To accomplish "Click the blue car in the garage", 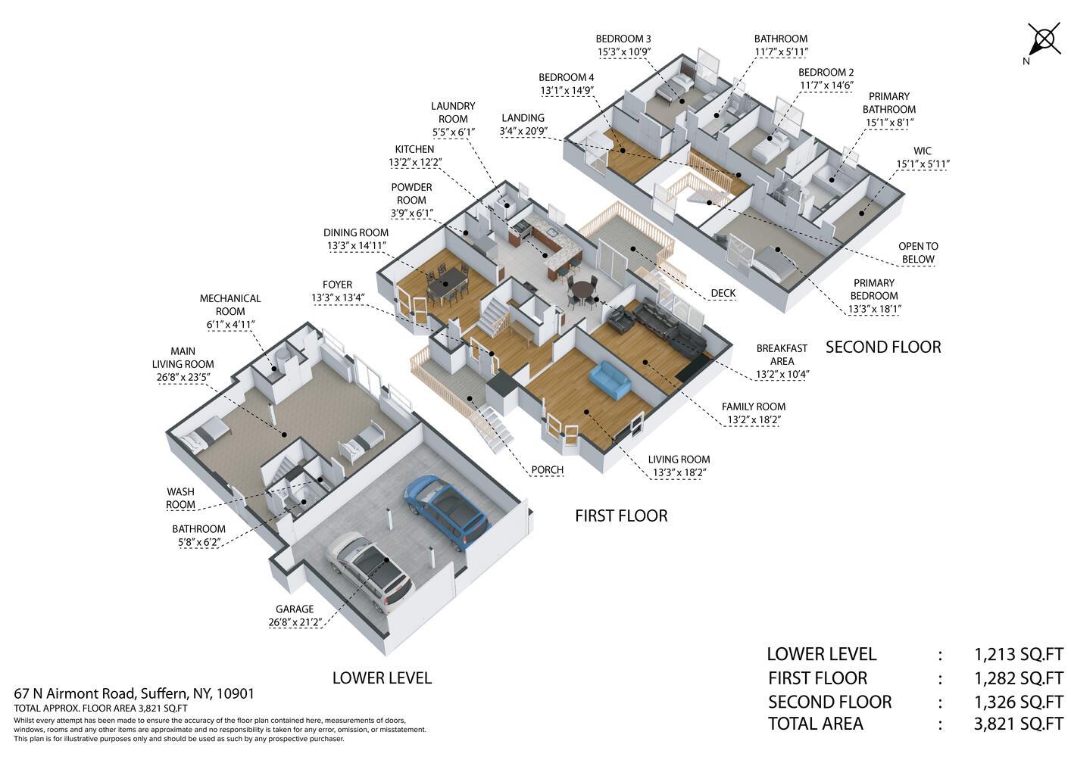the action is click(x=446, y=512).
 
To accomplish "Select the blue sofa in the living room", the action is click(x=609, y=380).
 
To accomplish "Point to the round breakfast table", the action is click(x=582, y=290).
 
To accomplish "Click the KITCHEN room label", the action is click(x=414, y=150).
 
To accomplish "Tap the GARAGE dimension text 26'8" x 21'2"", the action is click(x=295, y=622).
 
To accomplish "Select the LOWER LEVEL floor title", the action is click(x=382, y=678).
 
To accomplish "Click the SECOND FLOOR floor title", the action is click(x=883, y=347).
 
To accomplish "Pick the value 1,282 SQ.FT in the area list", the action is click(x=1019, y=678).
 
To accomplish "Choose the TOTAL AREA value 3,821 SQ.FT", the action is click(x=1019, y=724).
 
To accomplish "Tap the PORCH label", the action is click(x=548, y=470).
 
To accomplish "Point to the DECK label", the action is click(x=723, y=294).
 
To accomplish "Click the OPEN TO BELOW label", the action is click(x=918, y=253).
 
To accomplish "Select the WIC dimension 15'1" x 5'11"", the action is click(x=923, y=164).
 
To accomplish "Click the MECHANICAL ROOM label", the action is click(x=230, y=305).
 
